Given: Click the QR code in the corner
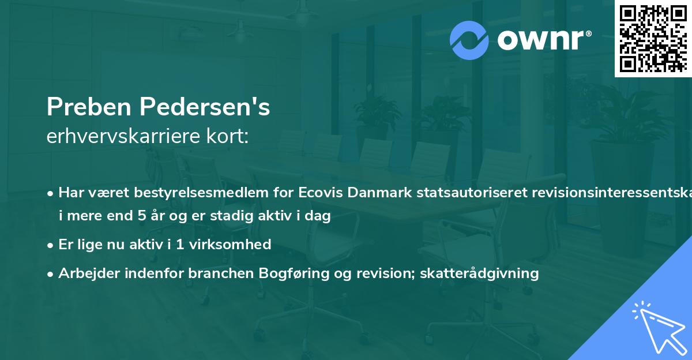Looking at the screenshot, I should coord(653,38).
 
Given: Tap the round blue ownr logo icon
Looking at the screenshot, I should coord(469,40).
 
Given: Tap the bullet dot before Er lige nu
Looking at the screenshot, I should coord(51,245).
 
